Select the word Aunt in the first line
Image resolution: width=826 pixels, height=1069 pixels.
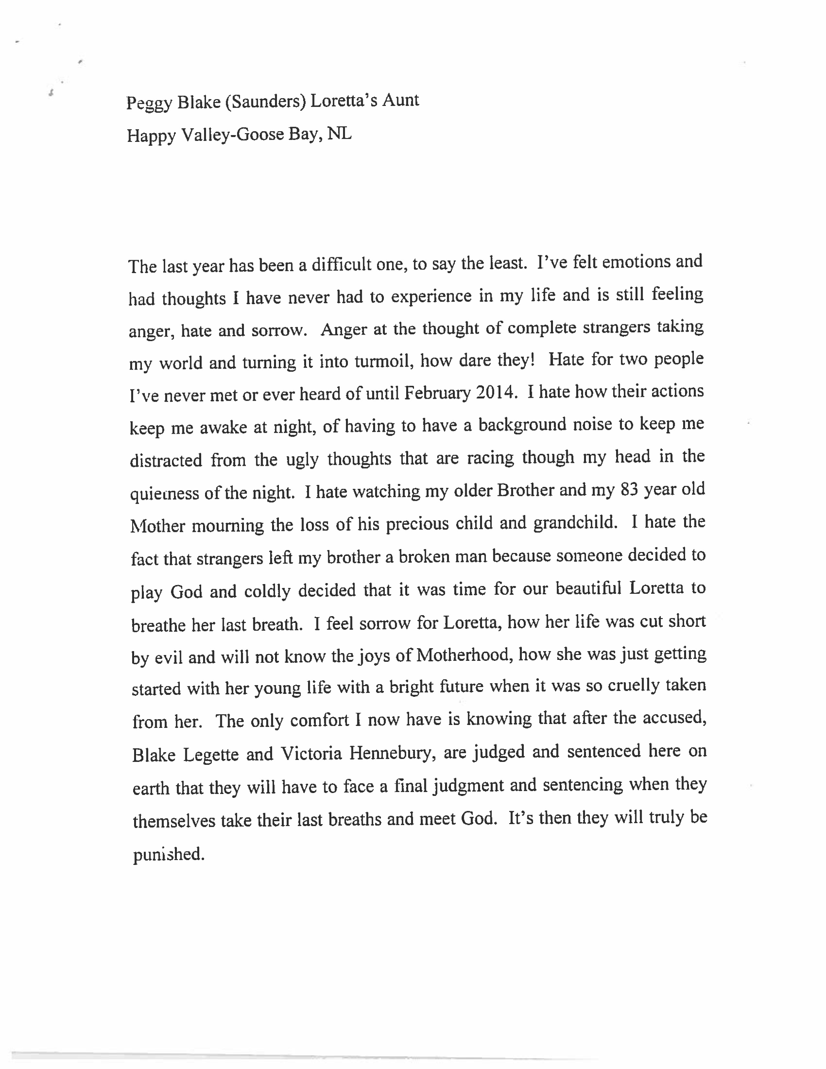click(x=400, y=100)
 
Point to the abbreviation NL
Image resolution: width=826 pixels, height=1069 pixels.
click(x=339, y=133)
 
